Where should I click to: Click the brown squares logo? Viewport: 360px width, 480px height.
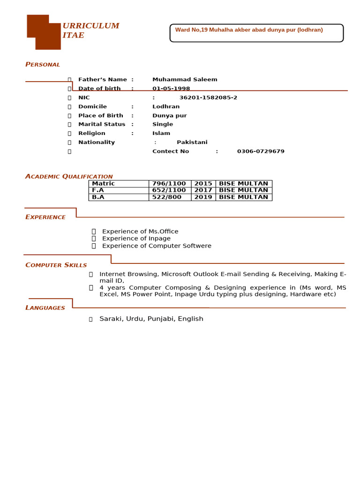pyautogui.click(x=44, y=32)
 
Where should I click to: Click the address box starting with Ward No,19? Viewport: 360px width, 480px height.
pyautogui.click(x=256, y=33)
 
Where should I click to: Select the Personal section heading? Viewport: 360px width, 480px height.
pyautogui.click(x=43, y=64)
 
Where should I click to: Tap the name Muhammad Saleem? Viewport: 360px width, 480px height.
pyautogui.click(x=185, y=80)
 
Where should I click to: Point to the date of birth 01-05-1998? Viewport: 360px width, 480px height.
pyautogui.click(x=171, y=89)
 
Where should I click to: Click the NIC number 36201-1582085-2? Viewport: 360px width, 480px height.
pyautogui.click(x=208, y=97)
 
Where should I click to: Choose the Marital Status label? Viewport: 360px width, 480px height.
pyautogui.click(x=102, y=124)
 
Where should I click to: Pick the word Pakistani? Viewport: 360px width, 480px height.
pyautogui.click(x=192, y=142)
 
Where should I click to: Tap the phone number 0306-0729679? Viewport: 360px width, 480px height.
pyautogui.click(x=261, y=151)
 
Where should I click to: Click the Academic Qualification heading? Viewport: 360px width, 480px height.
pyautogui.click(x=69, y=176)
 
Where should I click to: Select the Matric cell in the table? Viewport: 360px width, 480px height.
pyautogui.click(x=104, y=184)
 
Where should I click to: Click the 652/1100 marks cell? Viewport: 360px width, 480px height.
pyautogui.click(x=169, y=190)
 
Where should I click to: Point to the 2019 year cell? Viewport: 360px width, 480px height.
pyautogui.click(x=203, y=197)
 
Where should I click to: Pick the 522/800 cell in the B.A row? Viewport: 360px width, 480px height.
pyautogui.click(x=166, y=197)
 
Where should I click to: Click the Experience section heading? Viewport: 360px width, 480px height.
pyautogui.click(x=45, y=217)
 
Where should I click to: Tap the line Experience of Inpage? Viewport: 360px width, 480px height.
pyautogui.click(x=136, y=239)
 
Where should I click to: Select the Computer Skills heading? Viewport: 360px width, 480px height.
pyautogui.click(x=56, y=265)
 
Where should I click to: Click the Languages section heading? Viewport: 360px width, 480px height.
pyautogui.click(x=45, y=308)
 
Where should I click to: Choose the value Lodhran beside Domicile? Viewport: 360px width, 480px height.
pyautogui.click(x=166, y=106)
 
